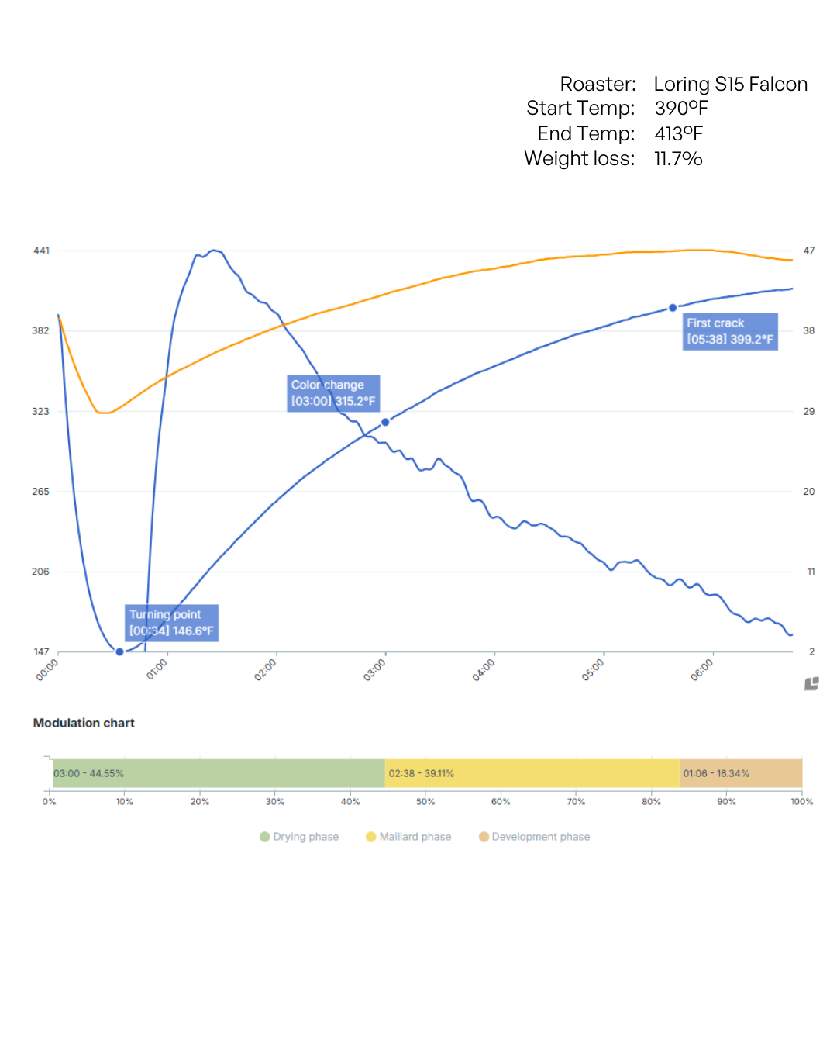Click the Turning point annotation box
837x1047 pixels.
click(171, 623)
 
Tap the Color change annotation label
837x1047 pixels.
click(333, 393)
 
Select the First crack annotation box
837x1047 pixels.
click(729, 331)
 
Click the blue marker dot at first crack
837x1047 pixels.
click(673, 308)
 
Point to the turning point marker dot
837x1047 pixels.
click(119, 651)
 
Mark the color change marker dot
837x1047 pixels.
click(385, 422)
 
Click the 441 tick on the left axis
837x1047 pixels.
click(41, 251)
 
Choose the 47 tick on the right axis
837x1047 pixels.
click(809, 251)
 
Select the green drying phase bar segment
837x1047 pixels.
click(219, 773)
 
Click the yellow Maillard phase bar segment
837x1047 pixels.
click(532, 773)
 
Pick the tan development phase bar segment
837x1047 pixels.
click(740, 773)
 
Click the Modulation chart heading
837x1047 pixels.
click(84, 723)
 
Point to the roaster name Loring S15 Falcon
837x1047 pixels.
click(730, 84)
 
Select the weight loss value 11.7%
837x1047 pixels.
click(678, 159)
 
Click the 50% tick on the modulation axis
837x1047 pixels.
click(425, 802)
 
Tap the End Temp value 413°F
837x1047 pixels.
click(678, 133)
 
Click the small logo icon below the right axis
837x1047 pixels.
click(811, 684)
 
